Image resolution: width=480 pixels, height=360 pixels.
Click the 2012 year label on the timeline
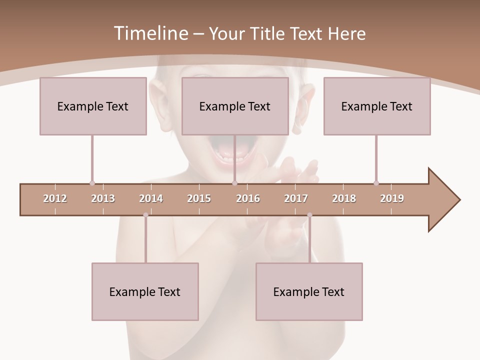pyautogui.click(x=55, y=198)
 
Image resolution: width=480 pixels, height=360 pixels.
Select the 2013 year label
pyautogui.click(x=103, y=198)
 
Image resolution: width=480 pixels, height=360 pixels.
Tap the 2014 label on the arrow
pyautogui.click(x=151, y=198)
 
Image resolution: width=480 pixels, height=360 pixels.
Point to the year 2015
pyautogui.click(x=199, y=198)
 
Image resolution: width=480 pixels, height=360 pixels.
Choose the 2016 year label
pyautogui.click(x=248, y=198)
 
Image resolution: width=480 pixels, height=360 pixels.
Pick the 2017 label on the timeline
pyautogui.click(x=296, y=198)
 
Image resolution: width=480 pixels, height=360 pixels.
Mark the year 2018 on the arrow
pyautogui.click(x=344, y=198)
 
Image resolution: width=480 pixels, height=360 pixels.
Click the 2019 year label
pyautogui.click(x=392, y=198)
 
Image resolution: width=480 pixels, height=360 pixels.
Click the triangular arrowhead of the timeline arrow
pyautogui.click(x=442, y=200)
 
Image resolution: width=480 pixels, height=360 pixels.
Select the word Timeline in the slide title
pyautogui.click(x=150, y=33)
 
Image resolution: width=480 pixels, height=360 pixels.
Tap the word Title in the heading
pyautogui.click(x=269, y=33)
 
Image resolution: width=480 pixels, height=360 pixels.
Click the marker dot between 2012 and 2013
pyautogui.click(x=92, y=183)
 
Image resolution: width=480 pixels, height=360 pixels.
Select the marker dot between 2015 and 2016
pyautogui.click(x=234, y=183)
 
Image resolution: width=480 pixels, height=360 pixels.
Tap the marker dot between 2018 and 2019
pyautogui.click(x=376, y=183)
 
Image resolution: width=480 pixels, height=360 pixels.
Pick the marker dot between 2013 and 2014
pyautogui.click(x=145, y=215)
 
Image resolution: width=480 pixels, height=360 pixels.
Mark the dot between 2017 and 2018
pyautogui.click(x=309, y=215)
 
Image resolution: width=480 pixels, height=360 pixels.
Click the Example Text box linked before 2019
pyautogui.click(x=377, y=106)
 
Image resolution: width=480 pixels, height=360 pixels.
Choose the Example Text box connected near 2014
pyautogui.click(x=145, y=291)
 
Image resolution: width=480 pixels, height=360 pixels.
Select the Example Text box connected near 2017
pyautogui.click(x=309, y=291)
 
